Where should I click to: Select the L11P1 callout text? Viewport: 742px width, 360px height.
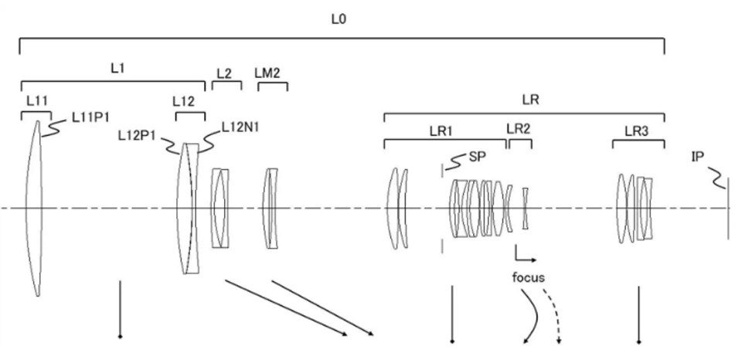click(x=90, y=117)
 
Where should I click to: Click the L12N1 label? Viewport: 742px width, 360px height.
click(x=240, y=127)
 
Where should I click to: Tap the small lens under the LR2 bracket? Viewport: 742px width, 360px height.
click(x=525, y=207)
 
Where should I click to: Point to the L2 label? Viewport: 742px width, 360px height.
click(x=224, y=72)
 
